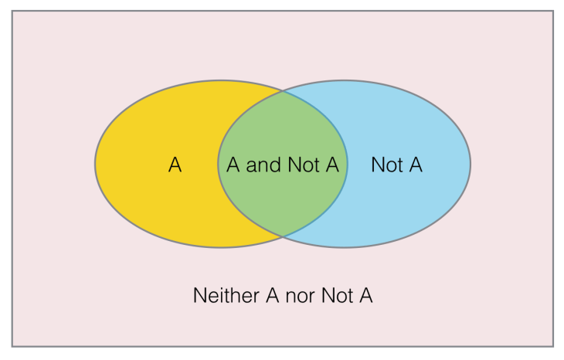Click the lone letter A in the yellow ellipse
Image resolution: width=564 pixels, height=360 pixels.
click(175, 165)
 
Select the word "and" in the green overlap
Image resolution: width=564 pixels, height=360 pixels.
click(263, 165)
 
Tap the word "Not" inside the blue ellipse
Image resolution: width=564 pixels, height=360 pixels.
click(387, 165)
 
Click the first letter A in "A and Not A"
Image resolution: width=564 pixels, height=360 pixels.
click(233, 165)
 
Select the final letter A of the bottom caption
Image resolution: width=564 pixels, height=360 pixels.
click(366, 295)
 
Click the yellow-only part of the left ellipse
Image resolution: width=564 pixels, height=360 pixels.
click(155, 201)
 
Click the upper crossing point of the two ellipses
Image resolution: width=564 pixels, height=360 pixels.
click(283, 91)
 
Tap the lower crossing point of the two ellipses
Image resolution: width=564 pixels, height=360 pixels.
click(283, 235)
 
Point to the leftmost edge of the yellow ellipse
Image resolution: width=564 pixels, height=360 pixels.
click(95, 163)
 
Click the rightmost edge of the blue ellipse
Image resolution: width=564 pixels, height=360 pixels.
click(470, 163)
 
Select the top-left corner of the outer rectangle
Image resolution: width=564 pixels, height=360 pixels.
click(12, 11)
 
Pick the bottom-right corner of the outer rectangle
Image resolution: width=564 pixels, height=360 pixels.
click(553, 346)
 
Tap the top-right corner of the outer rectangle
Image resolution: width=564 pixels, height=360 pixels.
click(553, 11)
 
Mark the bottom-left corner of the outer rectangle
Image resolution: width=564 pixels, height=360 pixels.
click(12, 346)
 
